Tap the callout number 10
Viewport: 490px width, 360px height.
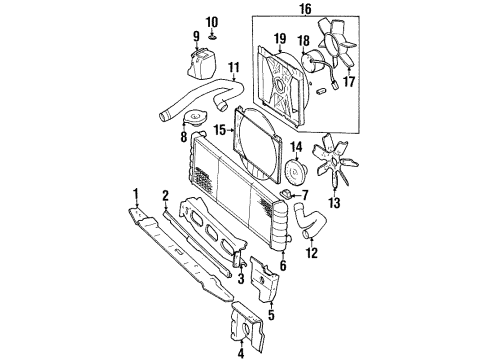(211, 21)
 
